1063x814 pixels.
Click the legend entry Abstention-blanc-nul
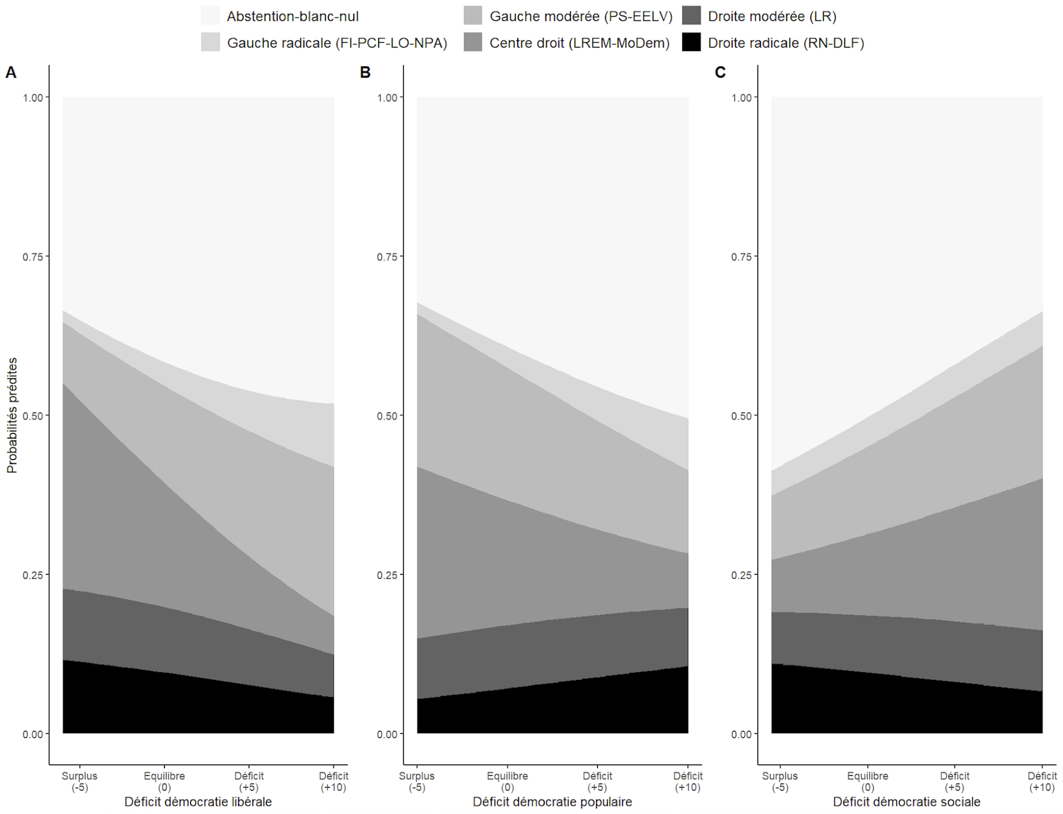(292, 17)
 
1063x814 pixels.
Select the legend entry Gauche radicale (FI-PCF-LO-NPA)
(337, 43)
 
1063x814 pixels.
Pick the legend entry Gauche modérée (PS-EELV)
(581, 17)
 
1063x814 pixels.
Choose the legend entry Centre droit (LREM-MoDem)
(579, 43)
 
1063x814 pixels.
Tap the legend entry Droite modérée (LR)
(772, 17)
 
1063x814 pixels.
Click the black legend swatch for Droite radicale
(691, 43)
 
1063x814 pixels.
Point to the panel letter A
(11, 73)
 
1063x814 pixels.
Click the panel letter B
(365, 73)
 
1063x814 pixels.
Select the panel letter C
(720, 73)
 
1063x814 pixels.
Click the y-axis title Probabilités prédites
(12, 415)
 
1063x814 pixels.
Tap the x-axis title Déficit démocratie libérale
(198, 802)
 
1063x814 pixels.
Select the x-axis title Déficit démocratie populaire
(552, 802)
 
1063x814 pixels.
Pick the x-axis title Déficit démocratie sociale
(906, 802)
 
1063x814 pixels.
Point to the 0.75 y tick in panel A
(32, 257)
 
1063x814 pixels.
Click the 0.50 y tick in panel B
(387, 416)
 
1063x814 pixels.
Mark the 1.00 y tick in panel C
(741, 98)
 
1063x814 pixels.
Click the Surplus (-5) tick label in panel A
(80, 781)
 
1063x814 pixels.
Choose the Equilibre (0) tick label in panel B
(508, 781)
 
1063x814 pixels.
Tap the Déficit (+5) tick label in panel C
(954, 781)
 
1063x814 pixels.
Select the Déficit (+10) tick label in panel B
(688, 781)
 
